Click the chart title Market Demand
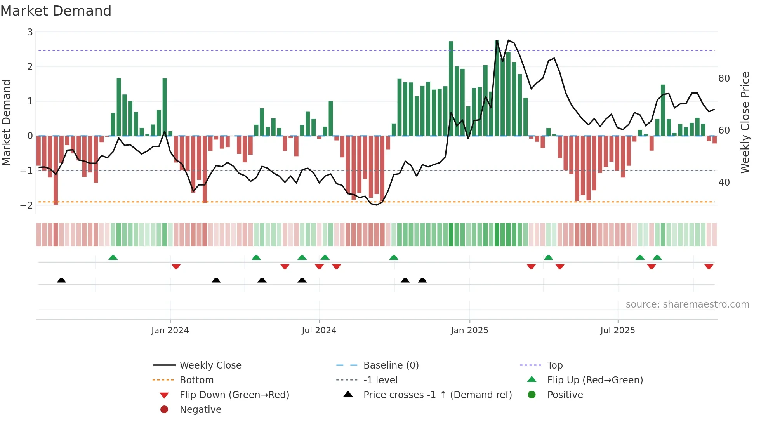tap(56, 11)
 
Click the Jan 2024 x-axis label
tap(170, 331)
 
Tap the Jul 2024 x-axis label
tap(319, 331)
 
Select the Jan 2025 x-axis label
tap(469, 331)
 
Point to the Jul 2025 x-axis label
tap(617, 331)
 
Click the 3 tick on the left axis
tap(30, 32)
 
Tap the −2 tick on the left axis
tap(27, 205)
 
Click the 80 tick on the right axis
tap(724, 78)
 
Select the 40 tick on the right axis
tap(724, 183)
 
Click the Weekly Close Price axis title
tap(745, 122)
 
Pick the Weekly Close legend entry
tap(210, 365)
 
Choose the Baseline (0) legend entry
tap(391, 365)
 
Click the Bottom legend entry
tap(196, 380)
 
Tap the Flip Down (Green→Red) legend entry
tap(234, 395)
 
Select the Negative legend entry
tap(200, 410)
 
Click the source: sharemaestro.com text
tap(687, 304)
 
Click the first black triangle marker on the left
tap(61, 280)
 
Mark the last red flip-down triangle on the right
tap(709, 267)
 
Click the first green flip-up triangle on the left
tap(113, 257)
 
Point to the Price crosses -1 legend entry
tap(437, 395)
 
